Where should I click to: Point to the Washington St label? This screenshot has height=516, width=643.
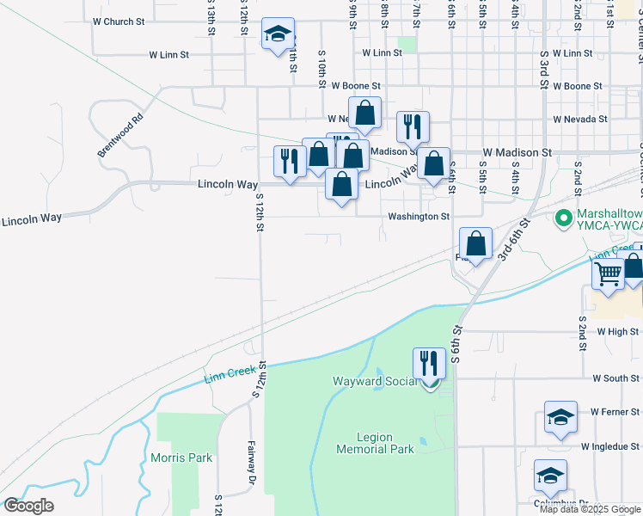(419, 217)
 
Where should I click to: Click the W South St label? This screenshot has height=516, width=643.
(615, 378)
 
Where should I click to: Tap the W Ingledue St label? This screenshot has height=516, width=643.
(610, 447)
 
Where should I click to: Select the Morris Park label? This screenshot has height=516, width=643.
(181, 458)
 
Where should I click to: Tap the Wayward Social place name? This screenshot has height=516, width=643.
(374, 381)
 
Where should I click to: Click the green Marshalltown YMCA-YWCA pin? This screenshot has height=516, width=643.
(564, 218)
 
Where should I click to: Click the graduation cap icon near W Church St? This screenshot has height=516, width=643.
(278, 34)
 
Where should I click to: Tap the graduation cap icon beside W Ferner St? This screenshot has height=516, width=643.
(560, 417)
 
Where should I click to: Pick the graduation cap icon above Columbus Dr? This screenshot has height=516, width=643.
(550, 475)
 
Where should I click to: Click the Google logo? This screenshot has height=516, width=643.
(28, 507)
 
